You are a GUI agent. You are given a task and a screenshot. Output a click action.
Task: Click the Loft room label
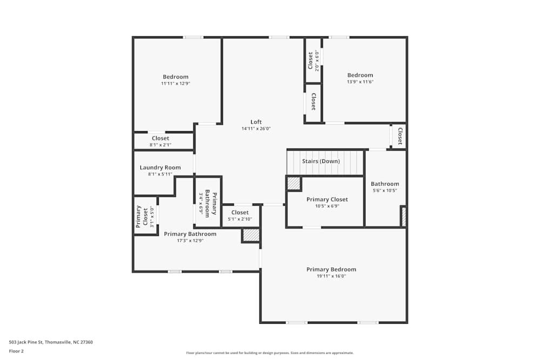pos(256,122)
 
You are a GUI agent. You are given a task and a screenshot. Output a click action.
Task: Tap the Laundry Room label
pos(160,167)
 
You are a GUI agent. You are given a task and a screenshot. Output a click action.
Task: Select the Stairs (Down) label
pos(321,161)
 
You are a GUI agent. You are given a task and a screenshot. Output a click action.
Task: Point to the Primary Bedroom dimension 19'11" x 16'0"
pos(331,276)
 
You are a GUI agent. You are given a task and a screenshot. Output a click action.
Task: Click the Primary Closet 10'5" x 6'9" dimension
pos(327,206)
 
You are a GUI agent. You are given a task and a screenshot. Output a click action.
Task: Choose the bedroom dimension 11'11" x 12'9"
pos(175,84)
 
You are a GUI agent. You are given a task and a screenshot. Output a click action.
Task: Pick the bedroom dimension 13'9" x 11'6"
pos(360,82)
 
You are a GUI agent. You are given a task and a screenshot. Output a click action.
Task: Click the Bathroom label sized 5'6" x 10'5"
pos(385,184)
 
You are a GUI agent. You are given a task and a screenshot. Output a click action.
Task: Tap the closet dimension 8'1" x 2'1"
pos(160,145)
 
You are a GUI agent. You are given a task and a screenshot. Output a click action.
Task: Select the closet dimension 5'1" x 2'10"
pos(240,219)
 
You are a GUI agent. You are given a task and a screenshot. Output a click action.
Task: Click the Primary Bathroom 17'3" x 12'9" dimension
pos(190,241)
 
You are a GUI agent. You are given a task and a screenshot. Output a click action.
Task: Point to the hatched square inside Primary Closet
pos(293,184)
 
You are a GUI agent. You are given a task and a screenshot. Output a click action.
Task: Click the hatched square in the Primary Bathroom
pos(251,235)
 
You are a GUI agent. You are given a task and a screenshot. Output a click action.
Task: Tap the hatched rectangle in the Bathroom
pos(403,216)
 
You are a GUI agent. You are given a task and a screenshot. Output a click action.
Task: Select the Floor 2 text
pos(16,351)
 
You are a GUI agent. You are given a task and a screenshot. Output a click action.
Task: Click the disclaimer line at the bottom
pos(269,353)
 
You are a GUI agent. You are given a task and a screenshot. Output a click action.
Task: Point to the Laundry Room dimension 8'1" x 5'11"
pos(160,174)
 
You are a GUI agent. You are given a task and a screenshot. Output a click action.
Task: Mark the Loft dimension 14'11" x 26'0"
pos(256,128)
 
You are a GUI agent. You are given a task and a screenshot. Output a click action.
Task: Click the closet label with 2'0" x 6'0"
pos(310,60)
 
